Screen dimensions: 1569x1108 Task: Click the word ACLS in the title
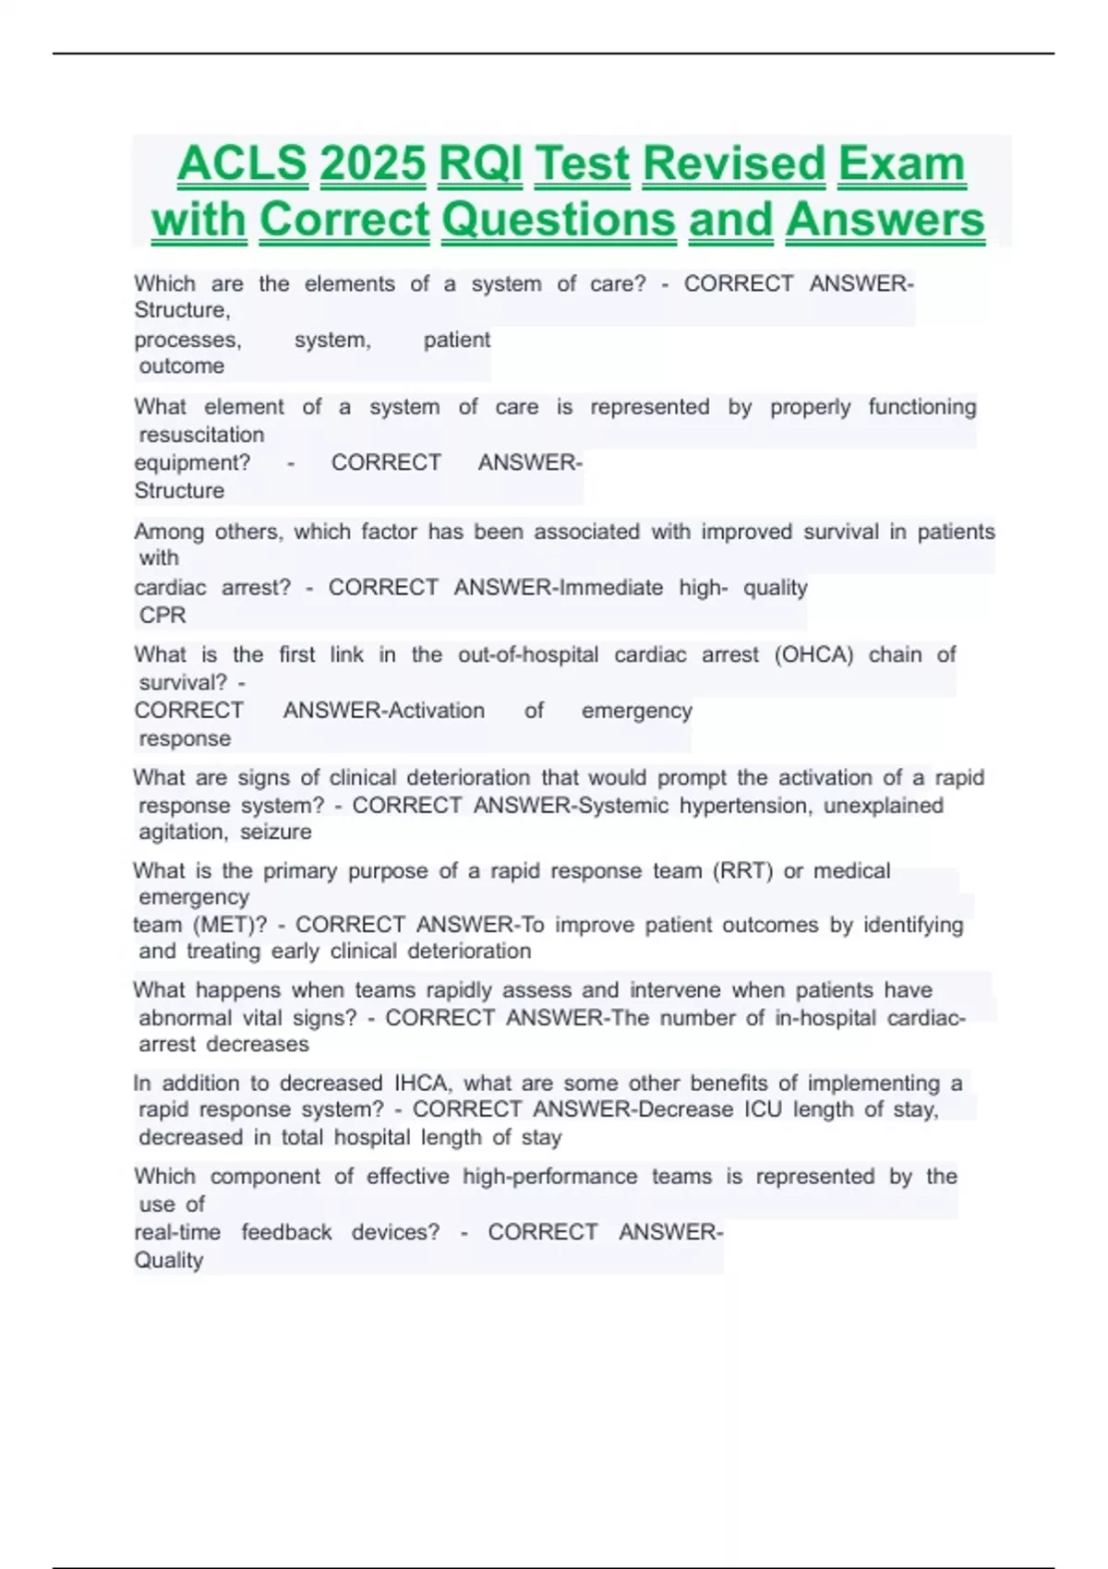click(x=242, y=164)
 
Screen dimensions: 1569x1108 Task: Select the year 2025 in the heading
click(x=372, y=164)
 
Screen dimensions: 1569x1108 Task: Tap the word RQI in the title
click(x=480, y=164)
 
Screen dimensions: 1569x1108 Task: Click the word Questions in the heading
click(x=559, y=221)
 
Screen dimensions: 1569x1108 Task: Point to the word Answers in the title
click(x=885, y=221)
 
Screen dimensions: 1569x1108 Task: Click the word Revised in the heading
click(x=733, y=164)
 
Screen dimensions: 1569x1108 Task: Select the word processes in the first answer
click(x=187, y=341)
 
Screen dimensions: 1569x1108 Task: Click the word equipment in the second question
click(x=192, y=462)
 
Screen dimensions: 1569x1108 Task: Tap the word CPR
click(x=163, y=615)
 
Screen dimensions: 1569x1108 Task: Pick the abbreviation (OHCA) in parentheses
click(x=813, y=654)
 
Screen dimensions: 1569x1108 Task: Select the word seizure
click(x=276, y=832)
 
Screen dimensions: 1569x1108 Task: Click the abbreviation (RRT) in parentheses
click(x=742, y=871)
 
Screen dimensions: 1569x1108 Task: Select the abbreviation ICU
click(x=763, y=1109)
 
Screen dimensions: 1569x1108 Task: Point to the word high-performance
click(x=549, y=1177)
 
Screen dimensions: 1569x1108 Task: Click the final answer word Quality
click(x=168, y=1261)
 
